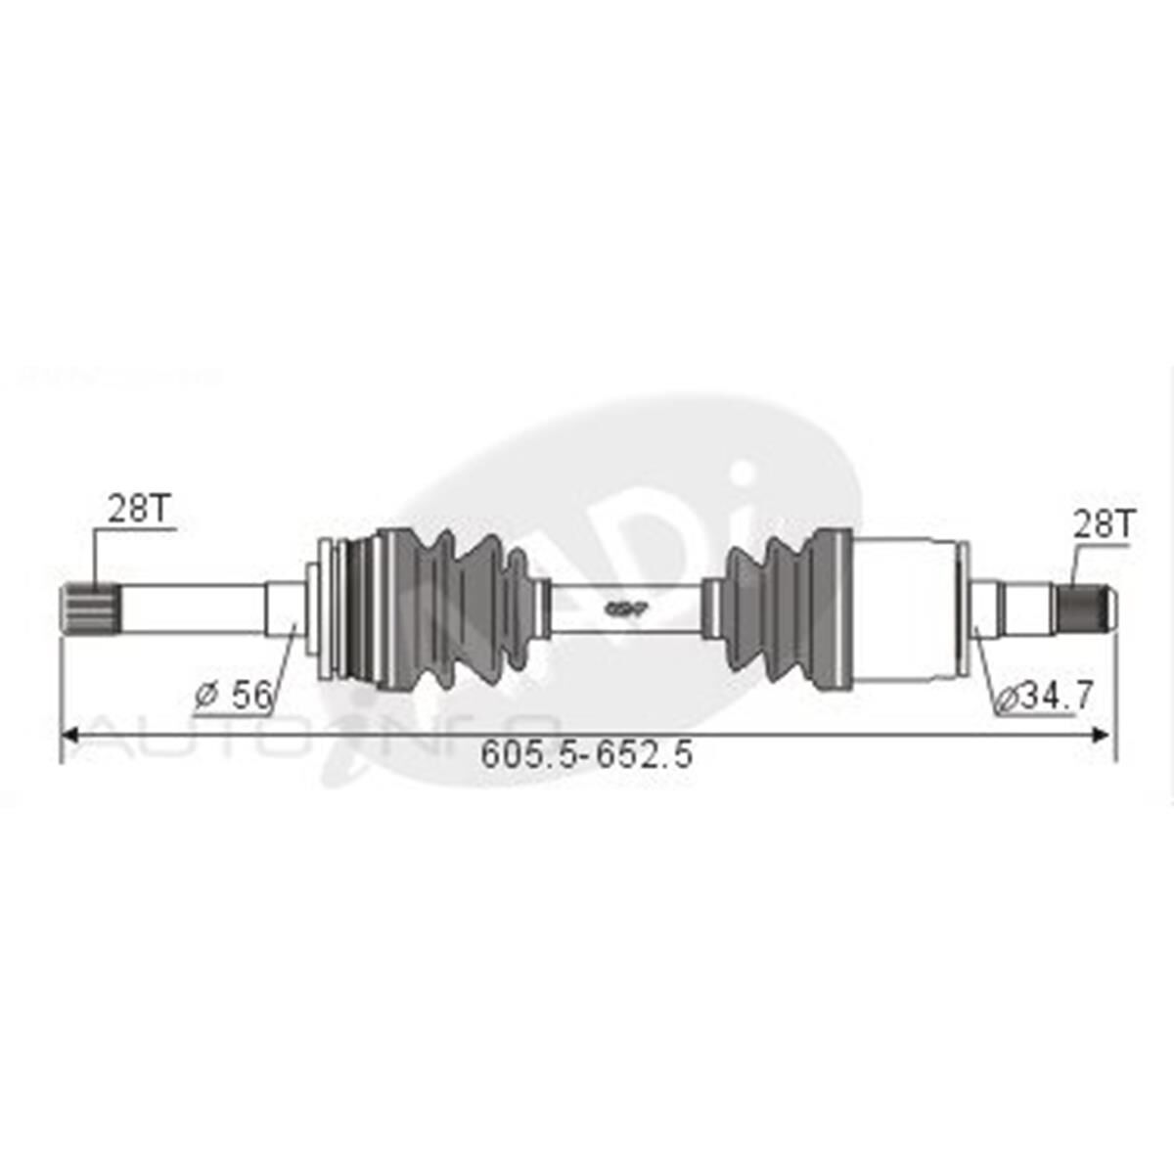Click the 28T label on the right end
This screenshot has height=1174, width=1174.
1101,525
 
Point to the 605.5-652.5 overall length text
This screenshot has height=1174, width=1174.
587,754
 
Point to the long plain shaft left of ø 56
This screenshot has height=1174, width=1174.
191,608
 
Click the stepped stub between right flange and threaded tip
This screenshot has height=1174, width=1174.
1017,608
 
